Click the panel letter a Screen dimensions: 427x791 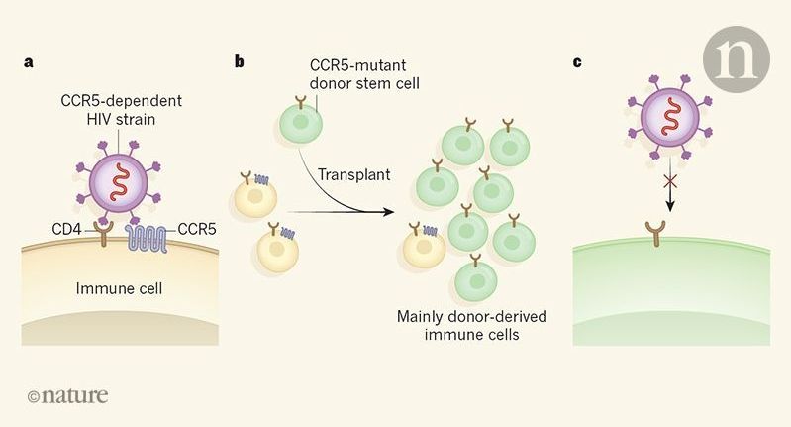pos(30,62)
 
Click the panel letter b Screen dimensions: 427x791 pos(240,62)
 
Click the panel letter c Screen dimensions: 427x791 pos(577,62)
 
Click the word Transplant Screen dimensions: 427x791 pos(353,175)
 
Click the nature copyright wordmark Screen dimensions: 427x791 pos(68,396)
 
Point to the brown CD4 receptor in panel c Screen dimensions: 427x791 pos(678,234)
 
